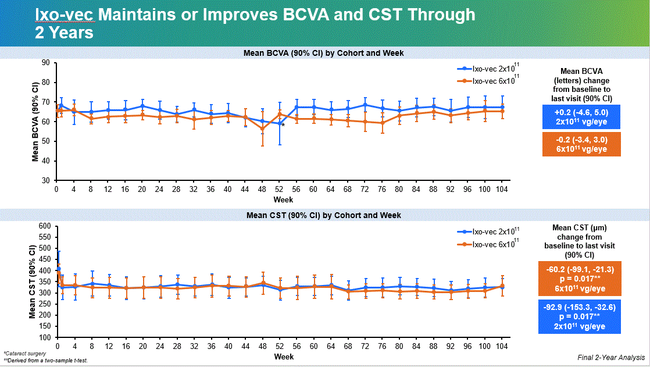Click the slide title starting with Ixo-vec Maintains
pos(255,23)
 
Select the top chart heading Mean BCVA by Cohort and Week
pos(323,53)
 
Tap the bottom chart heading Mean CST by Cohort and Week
pos(323,215)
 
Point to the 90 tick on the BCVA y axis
pos(45,62)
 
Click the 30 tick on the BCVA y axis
pos(45,180)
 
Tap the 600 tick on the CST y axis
pos(44,226)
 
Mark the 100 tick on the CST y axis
pos(44,337)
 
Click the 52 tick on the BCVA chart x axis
pos(278,189)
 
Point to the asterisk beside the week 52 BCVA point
pos(283,124)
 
